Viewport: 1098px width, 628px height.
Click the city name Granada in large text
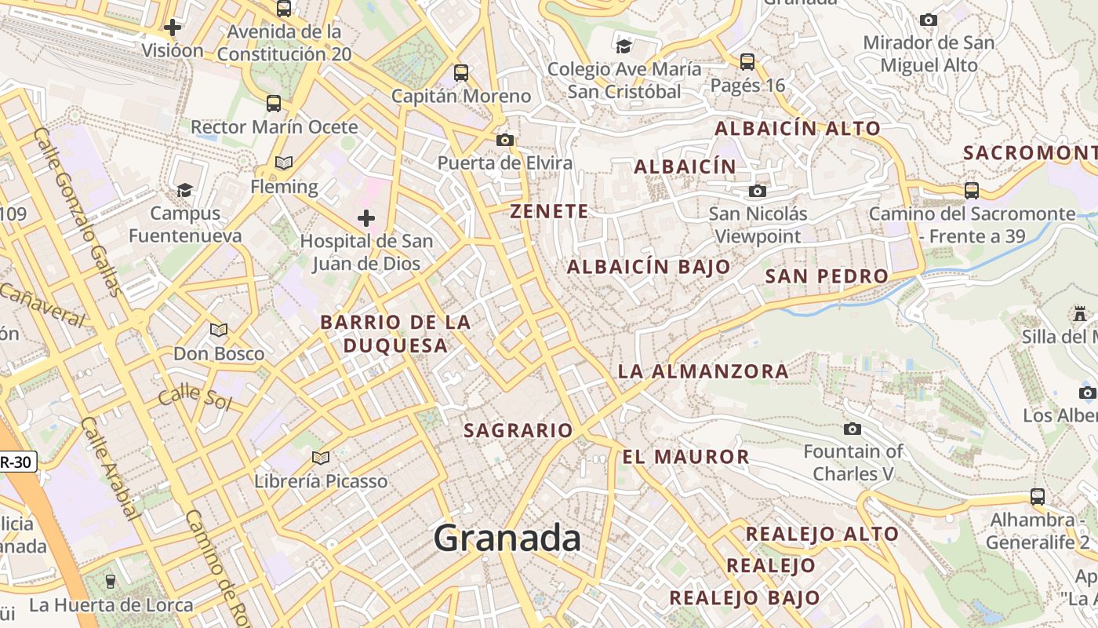coord(507,538)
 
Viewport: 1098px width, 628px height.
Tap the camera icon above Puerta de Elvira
coord(505,141)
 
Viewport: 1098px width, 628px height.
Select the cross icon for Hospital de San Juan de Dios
coord(366,217)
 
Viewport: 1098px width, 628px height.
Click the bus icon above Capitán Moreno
coord(461,73)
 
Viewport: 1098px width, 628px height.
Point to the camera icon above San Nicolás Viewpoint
coord(757,191)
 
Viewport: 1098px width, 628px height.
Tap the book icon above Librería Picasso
coord(320,458)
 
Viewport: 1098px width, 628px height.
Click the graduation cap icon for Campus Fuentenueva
coord(185,190)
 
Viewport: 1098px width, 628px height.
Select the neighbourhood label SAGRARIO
coord(518,430)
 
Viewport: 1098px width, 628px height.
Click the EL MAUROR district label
coord(686,457)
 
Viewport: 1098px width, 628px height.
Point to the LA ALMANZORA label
coord(704,371)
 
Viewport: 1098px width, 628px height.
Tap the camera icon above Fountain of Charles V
coord(853,429)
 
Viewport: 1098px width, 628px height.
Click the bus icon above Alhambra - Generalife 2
coord(1038,497)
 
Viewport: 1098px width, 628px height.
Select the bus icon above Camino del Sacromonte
coord(972,191)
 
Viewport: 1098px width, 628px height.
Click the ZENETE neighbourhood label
coord(549,211)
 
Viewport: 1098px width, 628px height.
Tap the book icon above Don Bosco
coord(219,330)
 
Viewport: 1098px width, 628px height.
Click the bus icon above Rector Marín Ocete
coord(274,104)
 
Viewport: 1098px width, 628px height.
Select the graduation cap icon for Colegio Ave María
coord(624,46)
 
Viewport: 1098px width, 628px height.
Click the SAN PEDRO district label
coord(827,276)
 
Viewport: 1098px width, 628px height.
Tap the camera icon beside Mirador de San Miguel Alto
coord(929,20)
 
